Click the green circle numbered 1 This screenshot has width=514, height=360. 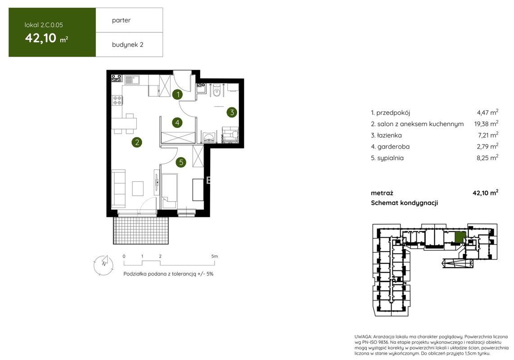[178, 95]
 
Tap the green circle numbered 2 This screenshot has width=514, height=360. [137, 142]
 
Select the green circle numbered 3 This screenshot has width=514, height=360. [232, 112]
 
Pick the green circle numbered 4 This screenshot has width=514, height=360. [177, 123]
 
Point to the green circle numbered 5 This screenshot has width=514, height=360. [180, 162]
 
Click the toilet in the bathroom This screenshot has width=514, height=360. [216, 90]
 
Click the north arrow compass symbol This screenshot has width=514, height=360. [104, 264]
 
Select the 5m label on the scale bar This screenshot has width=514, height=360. [214, 256]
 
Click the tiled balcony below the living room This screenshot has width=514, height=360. [141, 230]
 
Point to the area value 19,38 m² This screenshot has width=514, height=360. [486, 124]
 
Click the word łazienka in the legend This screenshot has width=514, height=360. [389, 135]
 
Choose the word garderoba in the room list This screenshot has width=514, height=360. [393, 147]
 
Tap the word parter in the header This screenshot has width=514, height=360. [121, 20]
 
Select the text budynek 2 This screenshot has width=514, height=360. [127, 45]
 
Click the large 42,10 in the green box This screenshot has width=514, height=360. [41, 38]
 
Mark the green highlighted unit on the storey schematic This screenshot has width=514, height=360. [460, 237]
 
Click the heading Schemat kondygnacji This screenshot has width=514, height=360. [404, 203]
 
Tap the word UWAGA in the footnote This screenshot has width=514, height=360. [363, 337]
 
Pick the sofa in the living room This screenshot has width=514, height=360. [118, 188]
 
